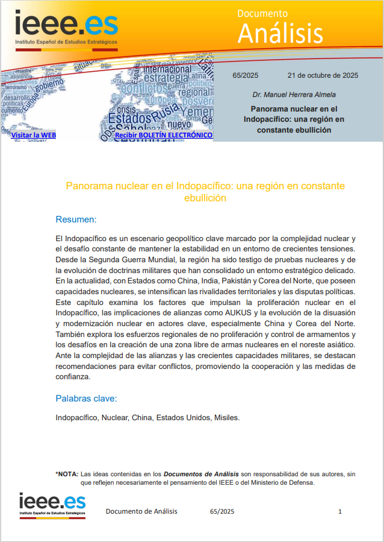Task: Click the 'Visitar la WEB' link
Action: click(x=34, y=136)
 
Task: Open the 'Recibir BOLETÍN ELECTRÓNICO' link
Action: click(x=163, y=136)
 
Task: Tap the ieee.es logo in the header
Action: click(x=66, y=27)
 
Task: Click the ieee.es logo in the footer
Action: click(x=52, y=506)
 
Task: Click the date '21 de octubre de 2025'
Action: click(x=323, y=75)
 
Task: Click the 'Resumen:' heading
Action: click(x=76, y=219)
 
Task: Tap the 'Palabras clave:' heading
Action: click(x=86, y=399)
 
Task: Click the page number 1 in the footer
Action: click(x=340, y=512)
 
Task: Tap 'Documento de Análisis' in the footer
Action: click(x=141, y=512)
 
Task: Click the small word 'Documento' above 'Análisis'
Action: click(x=262, y=13)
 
